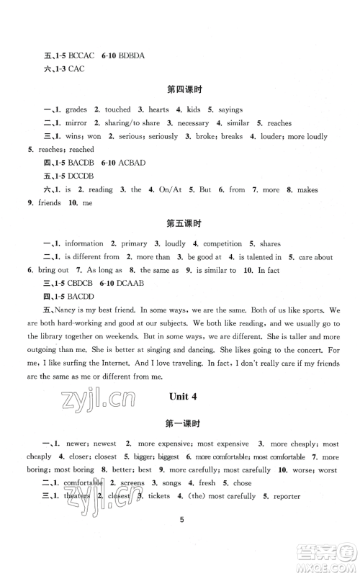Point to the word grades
76,109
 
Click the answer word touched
117,109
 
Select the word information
88,243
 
